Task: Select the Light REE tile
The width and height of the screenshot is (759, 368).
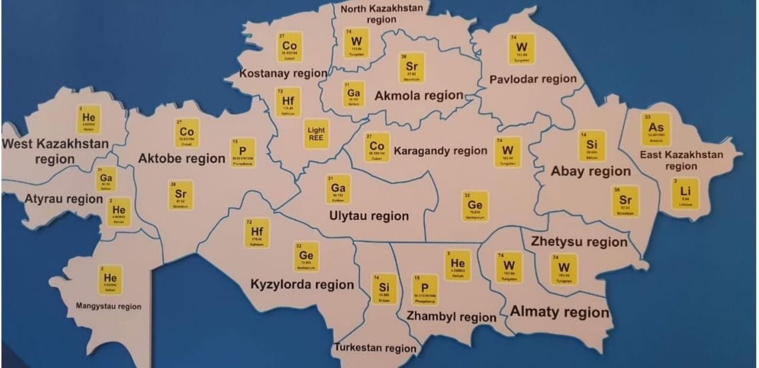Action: tap(316, 134)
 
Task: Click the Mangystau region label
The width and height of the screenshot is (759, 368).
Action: tap(108, 306)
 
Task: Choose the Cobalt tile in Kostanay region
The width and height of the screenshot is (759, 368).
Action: tap(289, 47)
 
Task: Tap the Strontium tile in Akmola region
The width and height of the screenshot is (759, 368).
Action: tap(412, 68)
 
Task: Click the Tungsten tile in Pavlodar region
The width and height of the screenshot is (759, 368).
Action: tap(522, 49)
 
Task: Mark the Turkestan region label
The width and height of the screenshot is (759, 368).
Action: tap(376, 347)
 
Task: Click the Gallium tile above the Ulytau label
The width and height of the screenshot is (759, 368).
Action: tap(338, 189)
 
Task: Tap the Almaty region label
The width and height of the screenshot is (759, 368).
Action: tap(560, 312)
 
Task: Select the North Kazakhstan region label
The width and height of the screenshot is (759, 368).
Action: tap(381, 13)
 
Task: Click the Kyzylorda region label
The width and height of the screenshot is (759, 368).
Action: tap(302, 284)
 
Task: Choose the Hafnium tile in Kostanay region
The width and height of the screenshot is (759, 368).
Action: tap(288, 103)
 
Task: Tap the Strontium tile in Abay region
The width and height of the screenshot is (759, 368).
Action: tap(625, 201)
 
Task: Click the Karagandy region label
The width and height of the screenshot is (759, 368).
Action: tap(440, 151)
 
